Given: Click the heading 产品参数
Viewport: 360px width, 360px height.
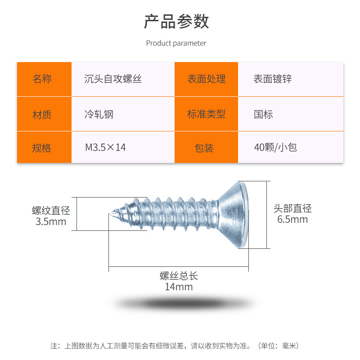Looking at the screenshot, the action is tap(176, 22).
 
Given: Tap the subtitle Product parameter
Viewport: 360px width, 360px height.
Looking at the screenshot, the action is tap(176, 43).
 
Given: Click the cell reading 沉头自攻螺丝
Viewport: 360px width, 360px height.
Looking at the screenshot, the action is tap(113, 79).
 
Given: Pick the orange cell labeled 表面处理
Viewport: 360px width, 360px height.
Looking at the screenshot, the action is tap(206, 79).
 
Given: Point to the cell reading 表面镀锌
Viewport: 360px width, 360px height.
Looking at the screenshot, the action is tap(273, 79).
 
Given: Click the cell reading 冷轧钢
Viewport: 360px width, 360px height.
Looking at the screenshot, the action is tap(99, 114).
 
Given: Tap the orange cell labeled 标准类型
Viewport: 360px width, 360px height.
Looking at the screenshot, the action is tap(206, 114).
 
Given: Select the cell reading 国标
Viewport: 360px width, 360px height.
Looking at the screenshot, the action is tap(263, 114).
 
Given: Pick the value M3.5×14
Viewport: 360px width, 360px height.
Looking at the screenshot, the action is tap(105, 148).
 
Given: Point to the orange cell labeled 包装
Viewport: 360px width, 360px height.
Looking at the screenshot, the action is tap(206, 148).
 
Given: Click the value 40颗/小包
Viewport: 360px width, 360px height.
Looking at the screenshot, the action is tap(275, 147).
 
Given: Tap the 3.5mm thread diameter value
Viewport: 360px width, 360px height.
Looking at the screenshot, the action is tap(50, 221).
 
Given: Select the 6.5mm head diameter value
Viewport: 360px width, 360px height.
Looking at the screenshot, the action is tap(292, 220).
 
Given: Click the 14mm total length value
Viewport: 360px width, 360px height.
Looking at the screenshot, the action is tap(179, 287).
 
